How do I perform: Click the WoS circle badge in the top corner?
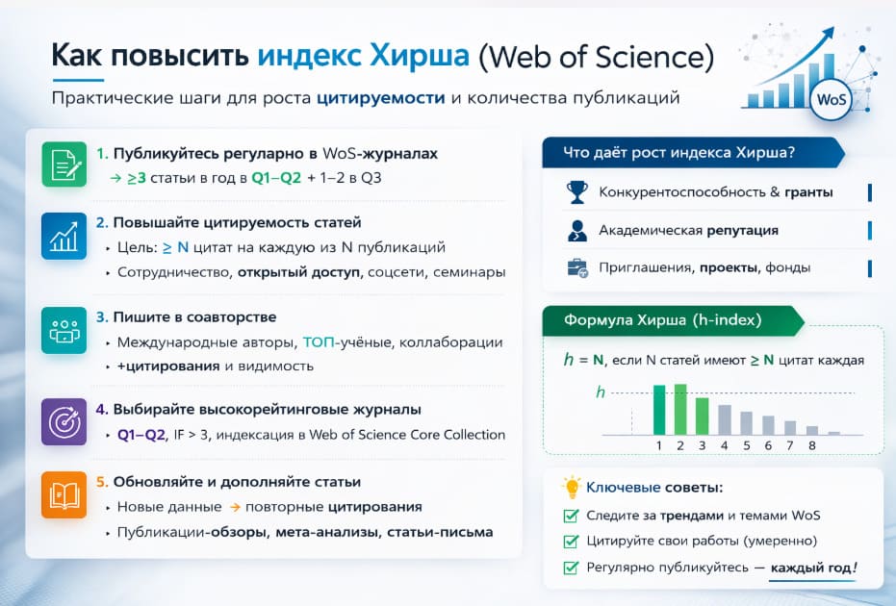tap(832, 100)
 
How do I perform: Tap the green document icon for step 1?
tap(64, 164)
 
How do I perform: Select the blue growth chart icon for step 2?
tap(64, 237)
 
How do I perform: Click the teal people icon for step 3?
tap(64, 330)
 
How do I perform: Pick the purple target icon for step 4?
tap(64, 422)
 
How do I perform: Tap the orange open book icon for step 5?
tap(64, 494)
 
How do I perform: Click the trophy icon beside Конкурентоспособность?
tap(577, 191)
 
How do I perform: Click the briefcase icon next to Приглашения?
tap(577, 267)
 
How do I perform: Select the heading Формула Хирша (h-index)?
tap(664, 319)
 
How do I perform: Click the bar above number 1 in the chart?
tap(659, 409)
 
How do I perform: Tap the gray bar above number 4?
tap(725, 418)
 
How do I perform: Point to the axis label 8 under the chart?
tap(811, 446)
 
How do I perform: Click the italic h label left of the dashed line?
tap(602, 391)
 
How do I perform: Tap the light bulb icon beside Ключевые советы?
tap(573, 487)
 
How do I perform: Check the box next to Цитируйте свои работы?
tap(572, 541)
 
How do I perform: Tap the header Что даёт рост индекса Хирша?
tap(685, 153)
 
